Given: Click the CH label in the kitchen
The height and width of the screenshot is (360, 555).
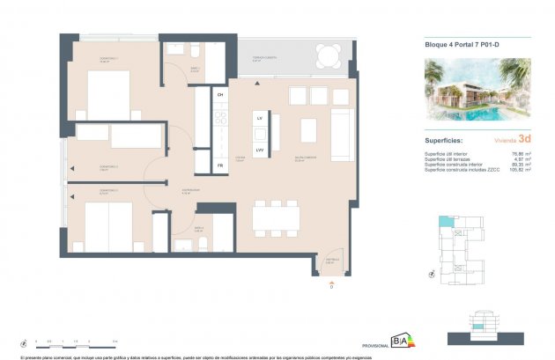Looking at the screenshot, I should (221, 94).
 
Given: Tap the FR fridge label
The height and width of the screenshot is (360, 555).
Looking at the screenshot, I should (220, 165).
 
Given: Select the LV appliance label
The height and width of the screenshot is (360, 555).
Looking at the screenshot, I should (260, 117).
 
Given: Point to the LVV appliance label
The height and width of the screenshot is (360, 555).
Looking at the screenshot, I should (260, 150).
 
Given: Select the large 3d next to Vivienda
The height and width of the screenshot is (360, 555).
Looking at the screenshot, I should (524, 139).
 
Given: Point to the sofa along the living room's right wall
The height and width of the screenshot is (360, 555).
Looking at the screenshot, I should (342, 129).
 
